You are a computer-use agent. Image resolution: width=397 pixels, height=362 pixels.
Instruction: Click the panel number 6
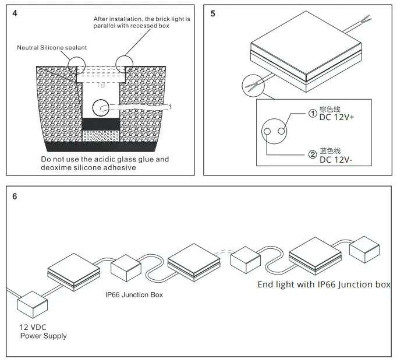click(15, 196)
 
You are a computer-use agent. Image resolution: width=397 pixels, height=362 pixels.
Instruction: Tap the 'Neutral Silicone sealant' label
click(51, 48)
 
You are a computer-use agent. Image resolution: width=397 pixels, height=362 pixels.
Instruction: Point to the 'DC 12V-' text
click(328, 161)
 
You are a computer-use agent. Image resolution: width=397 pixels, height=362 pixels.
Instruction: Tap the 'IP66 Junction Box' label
click(134, 295)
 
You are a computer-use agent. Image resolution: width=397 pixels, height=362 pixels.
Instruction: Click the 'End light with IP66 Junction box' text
click(324, 284)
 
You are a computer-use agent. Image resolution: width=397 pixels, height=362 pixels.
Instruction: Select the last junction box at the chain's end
click(366, 249)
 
